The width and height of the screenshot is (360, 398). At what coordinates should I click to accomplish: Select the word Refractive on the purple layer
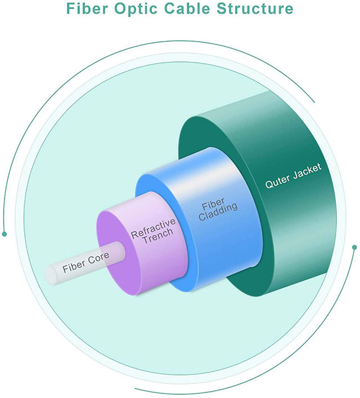pos(154,229)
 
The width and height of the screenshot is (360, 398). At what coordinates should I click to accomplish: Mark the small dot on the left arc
pos(4,233)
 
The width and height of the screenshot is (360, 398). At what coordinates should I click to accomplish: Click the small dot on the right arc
pos(354,247)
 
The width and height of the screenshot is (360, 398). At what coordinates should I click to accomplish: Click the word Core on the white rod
pos(98,259)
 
